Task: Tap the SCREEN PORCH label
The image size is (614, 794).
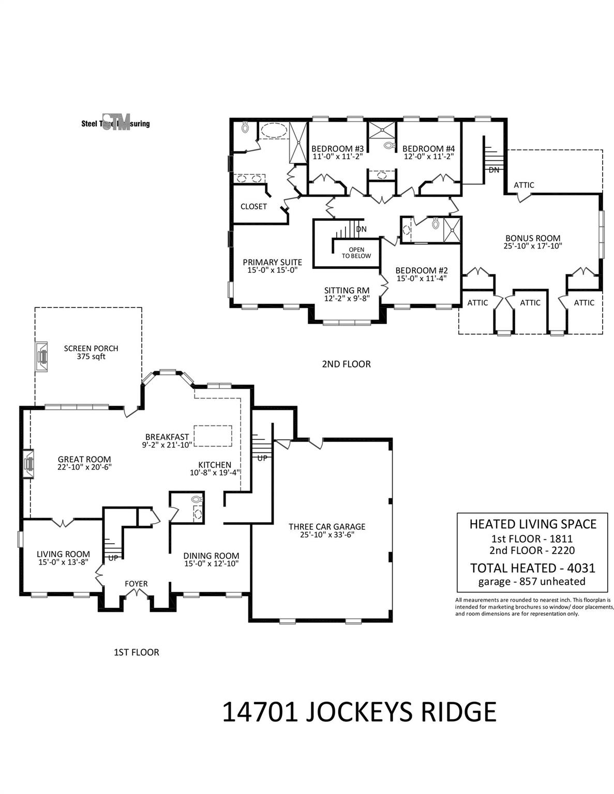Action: [x=91, y=348]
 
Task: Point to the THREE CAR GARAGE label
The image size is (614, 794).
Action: [x=327, y=527]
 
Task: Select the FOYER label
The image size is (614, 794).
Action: [x=136, y=584]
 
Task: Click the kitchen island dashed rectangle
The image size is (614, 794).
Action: [x=213, y=435]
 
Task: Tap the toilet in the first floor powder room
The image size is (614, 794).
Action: [x=196, y=499]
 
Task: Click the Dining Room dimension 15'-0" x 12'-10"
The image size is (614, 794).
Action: [x=211, y=563]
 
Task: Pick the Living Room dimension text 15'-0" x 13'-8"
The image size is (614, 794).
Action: [x=63, y=562]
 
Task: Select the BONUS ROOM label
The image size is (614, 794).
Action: [x=533, y=238]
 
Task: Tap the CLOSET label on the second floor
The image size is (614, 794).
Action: [x=253, y=206]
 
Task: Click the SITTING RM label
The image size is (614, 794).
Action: [x=347, y=291]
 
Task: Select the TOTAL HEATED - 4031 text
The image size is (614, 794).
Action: [x=533, y=568]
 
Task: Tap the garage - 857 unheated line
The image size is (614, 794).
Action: [x=533, y=582]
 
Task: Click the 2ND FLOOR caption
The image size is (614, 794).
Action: [x=346, y=364]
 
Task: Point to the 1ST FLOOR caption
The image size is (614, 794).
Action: [x=136, y=652]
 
